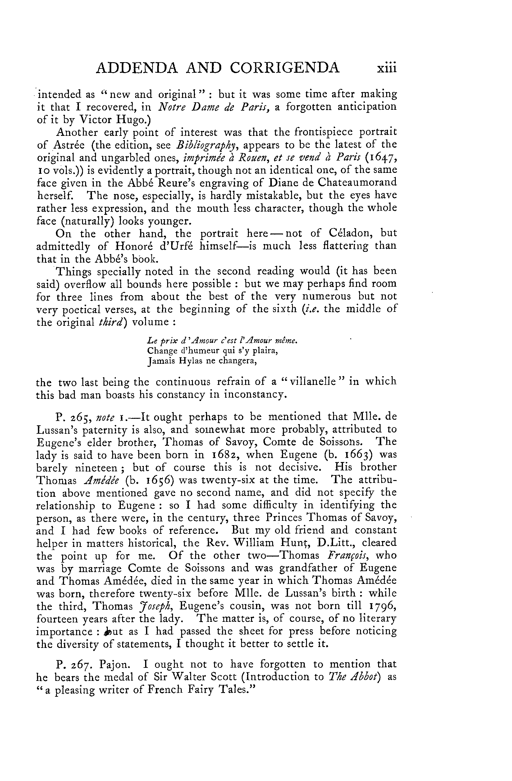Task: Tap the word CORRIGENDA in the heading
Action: pos(285,67)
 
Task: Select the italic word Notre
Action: pos(173,107)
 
